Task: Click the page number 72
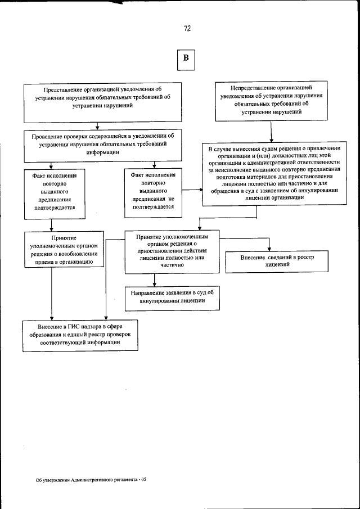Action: (x=187, y=29)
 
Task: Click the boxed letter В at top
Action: (x=187, y=58)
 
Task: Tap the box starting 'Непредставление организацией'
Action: (x=271, y=100)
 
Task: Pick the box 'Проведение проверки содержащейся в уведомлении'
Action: (x=99, y=144)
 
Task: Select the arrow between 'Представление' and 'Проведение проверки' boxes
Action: (x=98, y=126)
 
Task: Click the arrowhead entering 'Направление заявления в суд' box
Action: (x=154, y=283)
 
